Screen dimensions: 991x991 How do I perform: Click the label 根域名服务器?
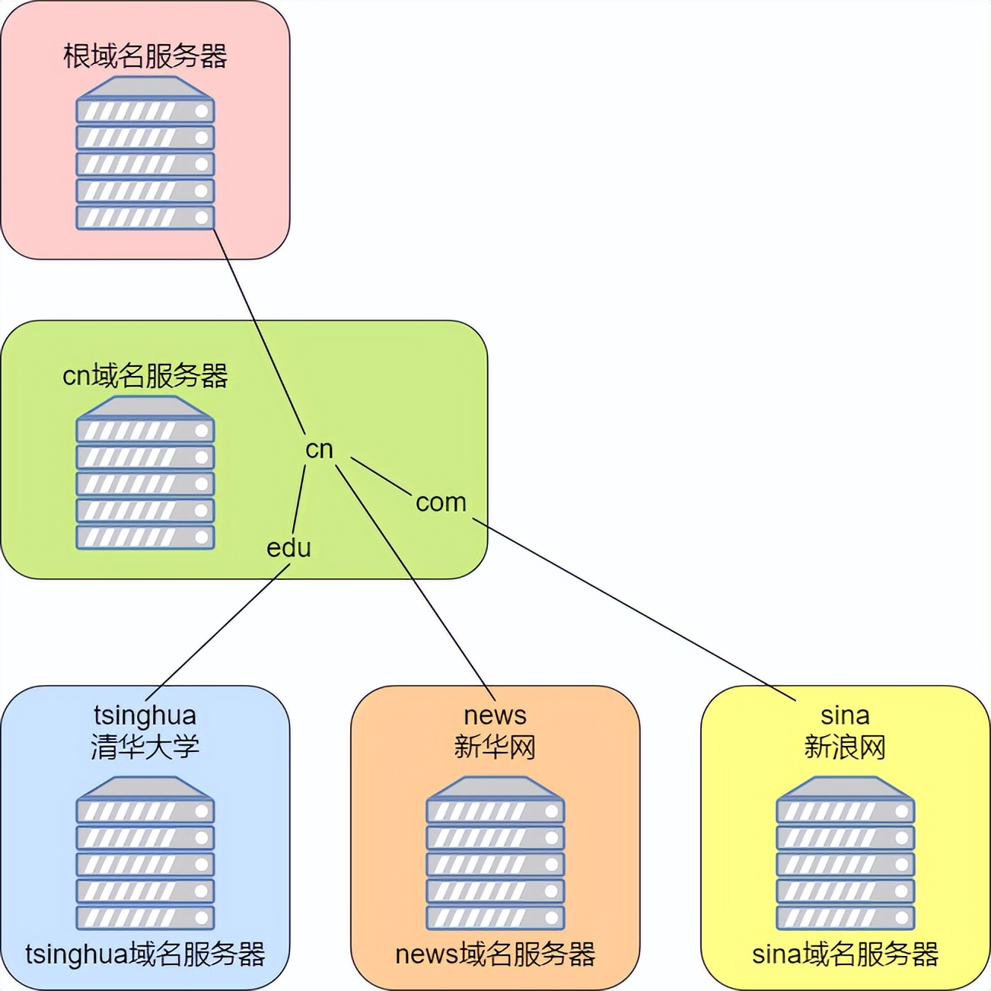[x=145, y=56]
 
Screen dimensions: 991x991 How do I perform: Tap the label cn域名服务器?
[x=145, y=375]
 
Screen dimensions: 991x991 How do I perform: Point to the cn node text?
[x=319, y=449]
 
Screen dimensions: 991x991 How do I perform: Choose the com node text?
[x=441, y=502]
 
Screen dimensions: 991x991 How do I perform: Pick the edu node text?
[x=288, y=548]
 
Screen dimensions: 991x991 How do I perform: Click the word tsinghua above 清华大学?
[x=145, y=715]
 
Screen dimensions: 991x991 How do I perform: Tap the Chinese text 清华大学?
[x=145, y=747]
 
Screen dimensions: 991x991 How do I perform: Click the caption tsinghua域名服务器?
[x=145, y=954]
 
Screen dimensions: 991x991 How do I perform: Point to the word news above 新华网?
[x=495, y=715]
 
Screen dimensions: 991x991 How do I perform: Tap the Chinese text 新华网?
[x=495, y=747]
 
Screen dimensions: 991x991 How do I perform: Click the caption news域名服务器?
[x=495, y=954]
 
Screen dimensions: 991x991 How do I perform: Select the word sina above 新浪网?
[x=845, y=715]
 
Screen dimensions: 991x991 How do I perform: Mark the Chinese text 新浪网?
[x=845, y=747]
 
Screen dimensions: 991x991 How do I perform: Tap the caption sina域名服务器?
[x=845, y=954]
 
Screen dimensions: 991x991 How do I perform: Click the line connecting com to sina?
[x=634, y=609]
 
